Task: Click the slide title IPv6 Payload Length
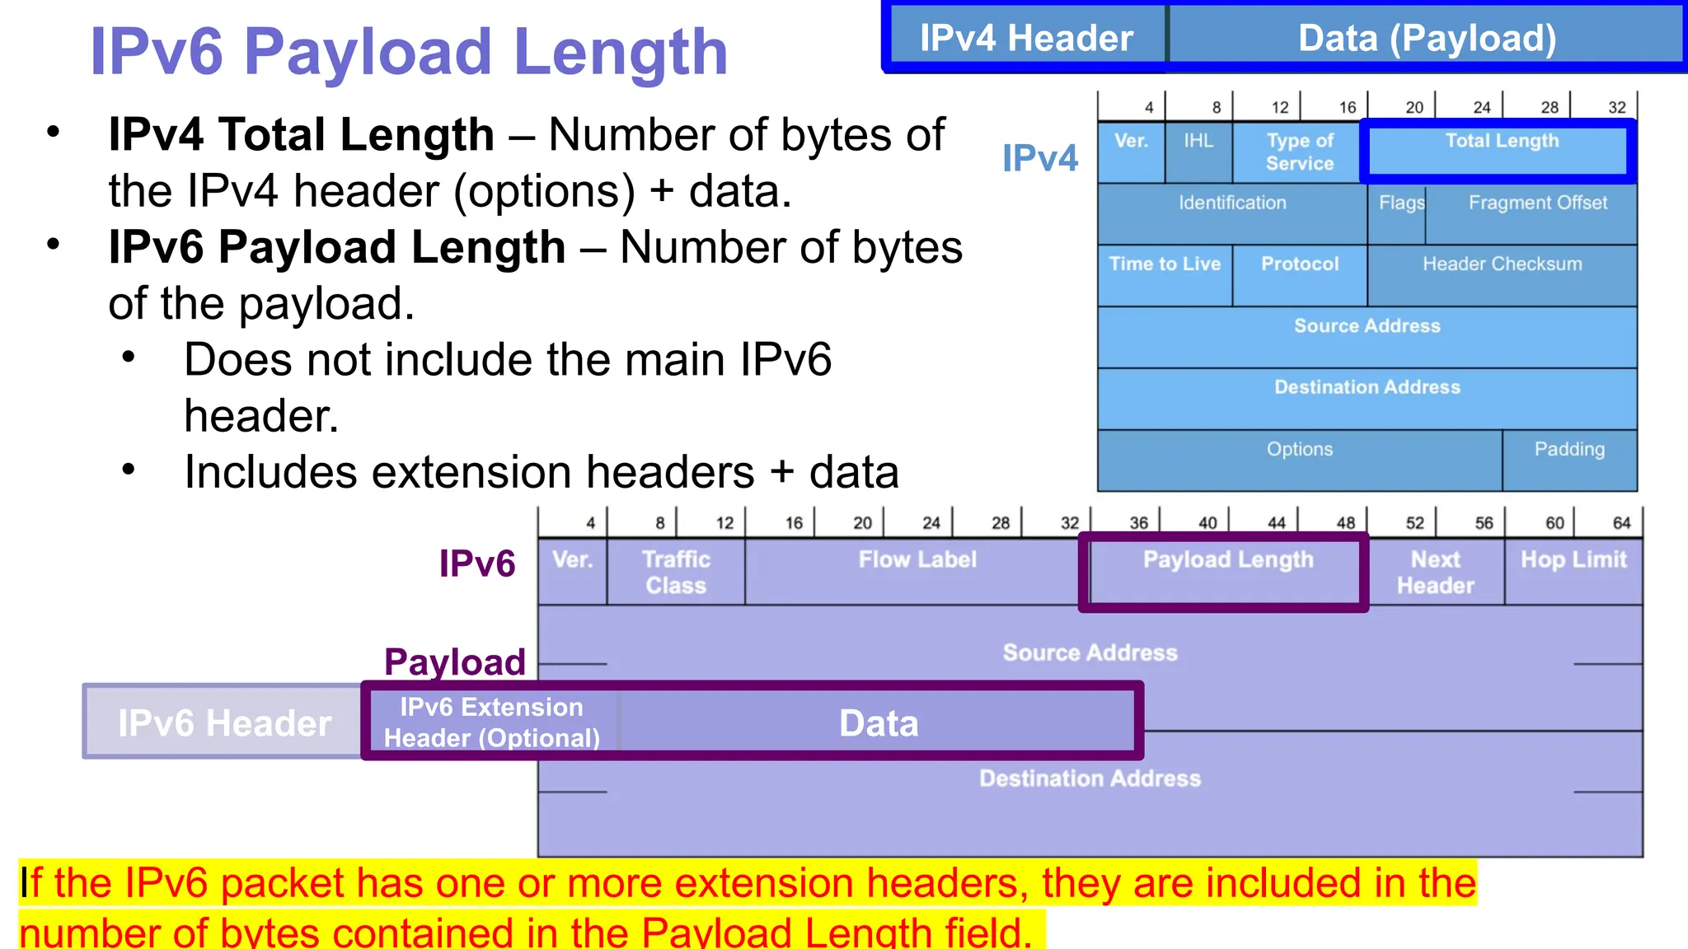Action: point(409,51)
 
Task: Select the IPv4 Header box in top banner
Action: point(1026,39)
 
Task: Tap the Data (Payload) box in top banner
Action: point(1427,39)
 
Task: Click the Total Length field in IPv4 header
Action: point(1501,152)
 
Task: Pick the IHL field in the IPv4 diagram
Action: point(1198,152)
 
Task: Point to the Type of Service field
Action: point(1299,152)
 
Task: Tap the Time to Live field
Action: point(1165,275)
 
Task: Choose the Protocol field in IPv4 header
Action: point(1300,275)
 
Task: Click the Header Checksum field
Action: point(1502,275)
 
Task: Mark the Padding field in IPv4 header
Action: point(1569,460)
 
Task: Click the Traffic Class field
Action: point(676,572)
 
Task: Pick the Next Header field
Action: point(1435,572)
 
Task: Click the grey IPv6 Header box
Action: point(223,722)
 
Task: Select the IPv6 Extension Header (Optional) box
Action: point(492,722)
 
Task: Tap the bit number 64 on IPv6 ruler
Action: point(1621,523)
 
